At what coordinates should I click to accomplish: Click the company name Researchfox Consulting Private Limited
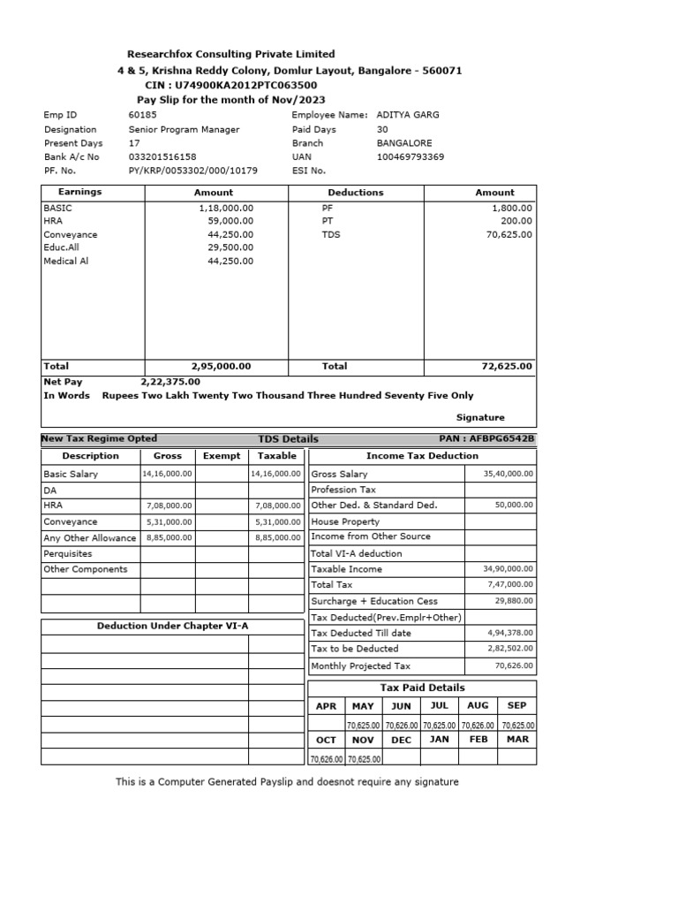tap(230, 54)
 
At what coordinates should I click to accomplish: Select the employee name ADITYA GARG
tap(407, 115)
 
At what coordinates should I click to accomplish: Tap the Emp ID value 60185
tap(142, 115)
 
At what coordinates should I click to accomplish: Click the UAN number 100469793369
tap(410, 157)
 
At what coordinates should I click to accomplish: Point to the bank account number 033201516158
tap(162, 157)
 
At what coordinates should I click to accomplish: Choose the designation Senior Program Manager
tap(184, 129)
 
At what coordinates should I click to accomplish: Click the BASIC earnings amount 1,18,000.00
tap(226, 207)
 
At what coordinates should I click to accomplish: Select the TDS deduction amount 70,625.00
tap(508, 235)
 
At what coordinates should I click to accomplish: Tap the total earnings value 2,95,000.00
tap(221, 366)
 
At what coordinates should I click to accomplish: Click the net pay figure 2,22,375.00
tap(171, 381)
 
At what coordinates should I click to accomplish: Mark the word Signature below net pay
tap(480, 417)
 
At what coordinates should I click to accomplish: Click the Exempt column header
tap(222, 456)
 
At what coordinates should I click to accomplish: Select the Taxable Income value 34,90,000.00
tap(508, 569)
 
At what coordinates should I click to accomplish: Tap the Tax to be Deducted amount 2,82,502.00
tap(510, 649)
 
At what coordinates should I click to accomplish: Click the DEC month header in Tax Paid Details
tap(401, 740)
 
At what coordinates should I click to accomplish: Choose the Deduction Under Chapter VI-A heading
tap(172, 626)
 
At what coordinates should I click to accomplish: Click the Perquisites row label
tap(68, 553)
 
